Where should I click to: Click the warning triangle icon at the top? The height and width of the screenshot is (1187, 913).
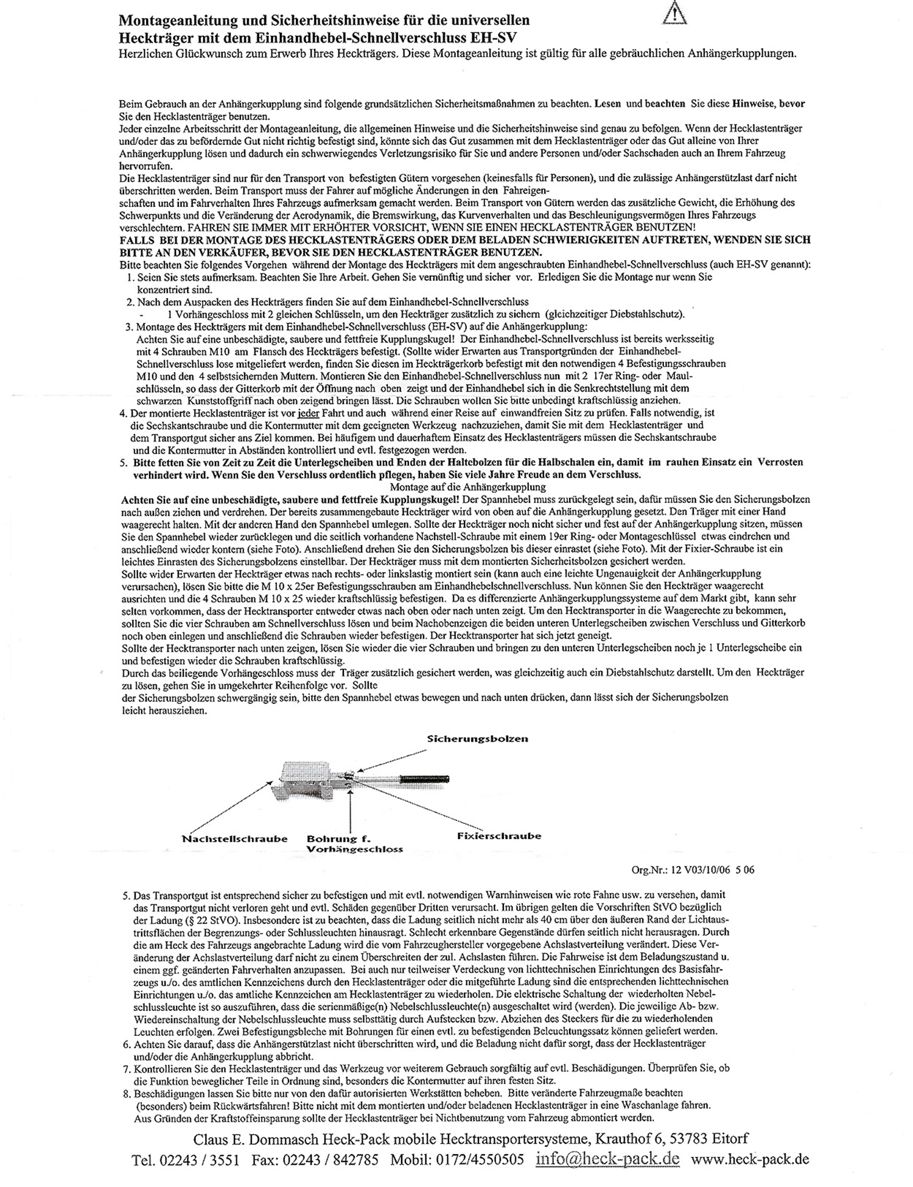[x=674, y=13]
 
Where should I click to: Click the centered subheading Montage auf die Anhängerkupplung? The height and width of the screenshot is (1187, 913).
[x=467, y=487]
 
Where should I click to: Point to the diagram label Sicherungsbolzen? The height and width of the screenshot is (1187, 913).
[x=477, y=739]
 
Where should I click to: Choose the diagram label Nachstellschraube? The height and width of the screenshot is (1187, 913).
[x=234, y=839]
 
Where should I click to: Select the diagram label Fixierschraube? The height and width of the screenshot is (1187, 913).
[x=498, y=836]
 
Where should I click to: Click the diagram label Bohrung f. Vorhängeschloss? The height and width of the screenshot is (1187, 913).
[x=355, y=844]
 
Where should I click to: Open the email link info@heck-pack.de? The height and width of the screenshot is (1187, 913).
[x=607, y=1158]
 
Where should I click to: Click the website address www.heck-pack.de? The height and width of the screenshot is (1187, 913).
[x=750, y=1158]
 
